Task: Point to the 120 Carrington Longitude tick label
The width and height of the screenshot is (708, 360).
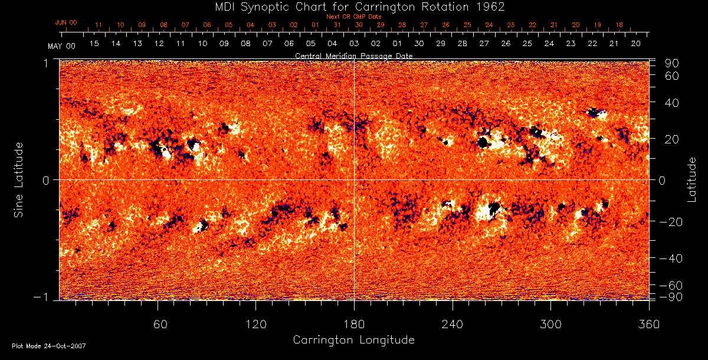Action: coord(255,324)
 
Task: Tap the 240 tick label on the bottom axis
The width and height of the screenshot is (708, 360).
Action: coord(452,324)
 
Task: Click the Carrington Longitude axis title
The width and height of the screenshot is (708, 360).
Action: coord(353,340)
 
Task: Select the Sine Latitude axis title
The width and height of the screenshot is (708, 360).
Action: coord(19,179)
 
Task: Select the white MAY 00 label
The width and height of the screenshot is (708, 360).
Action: coord(62,45)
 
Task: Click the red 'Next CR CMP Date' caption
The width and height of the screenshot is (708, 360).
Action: coord(353,17)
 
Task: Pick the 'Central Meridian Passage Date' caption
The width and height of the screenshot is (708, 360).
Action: coord(353,55)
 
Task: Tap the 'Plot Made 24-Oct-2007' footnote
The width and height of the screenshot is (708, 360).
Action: coord(48,346)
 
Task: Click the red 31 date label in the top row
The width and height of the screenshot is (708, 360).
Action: coord(337,25)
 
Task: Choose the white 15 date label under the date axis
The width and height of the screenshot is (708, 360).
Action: coord(94,44)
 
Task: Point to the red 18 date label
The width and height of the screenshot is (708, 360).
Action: coord(619,25)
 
